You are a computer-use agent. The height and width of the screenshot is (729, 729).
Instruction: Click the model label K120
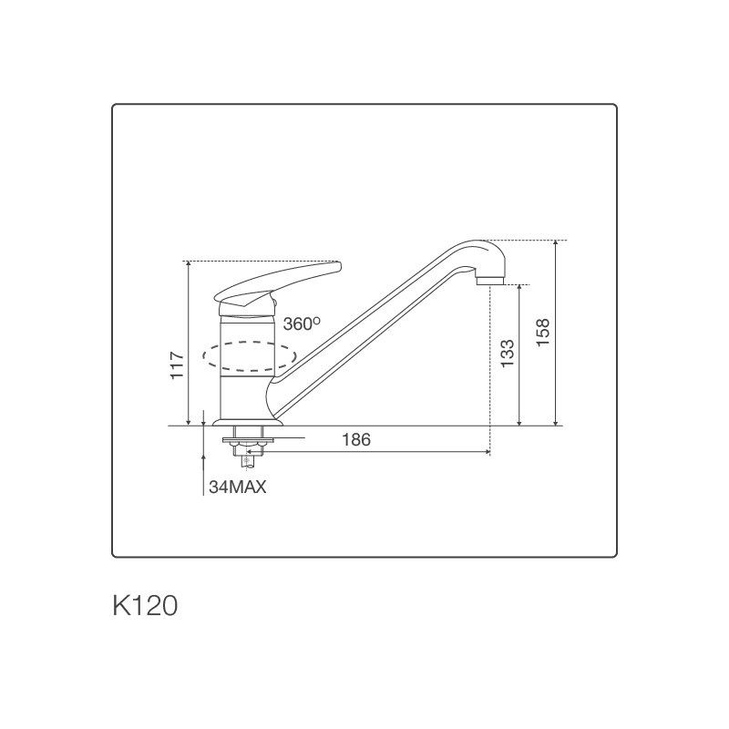[144, 606]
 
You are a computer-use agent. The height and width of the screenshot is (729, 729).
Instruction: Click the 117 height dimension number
[178, 364]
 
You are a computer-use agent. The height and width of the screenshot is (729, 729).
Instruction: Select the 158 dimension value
[543, 333]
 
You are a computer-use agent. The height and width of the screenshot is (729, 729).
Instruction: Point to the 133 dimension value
[508, 354]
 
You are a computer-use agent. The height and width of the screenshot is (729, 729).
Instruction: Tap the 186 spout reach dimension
[355, 439]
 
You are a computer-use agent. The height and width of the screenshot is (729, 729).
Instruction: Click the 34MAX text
[237, 487]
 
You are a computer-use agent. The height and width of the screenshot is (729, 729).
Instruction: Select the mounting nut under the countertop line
[248, 447]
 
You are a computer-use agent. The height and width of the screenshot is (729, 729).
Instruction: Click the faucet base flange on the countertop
[248, 423]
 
